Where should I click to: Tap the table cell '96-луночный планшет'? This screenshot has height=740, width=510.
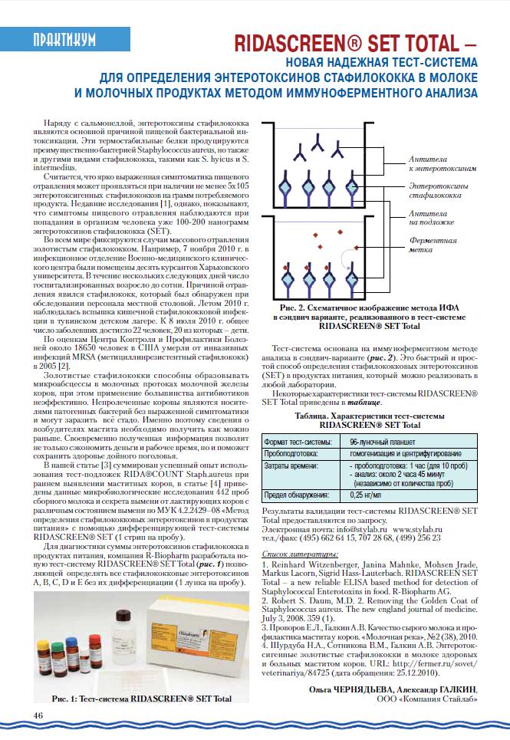[382, 442]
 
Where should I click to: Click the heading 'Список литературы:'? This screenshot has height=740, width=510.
[299, 554]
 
